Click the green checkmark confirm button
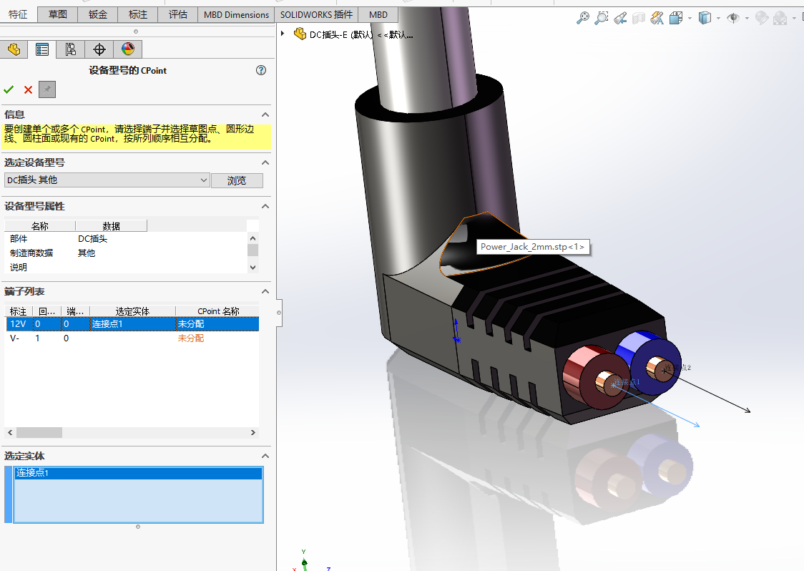[9, 89]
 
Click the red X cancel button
[28, 89]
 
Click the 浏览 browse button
[237, 180]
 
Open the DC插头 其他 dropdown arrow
[204, 180]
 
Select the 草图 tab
[58, 14]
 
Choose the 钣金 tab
[98, 14]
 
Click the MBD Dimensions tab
[236, 14]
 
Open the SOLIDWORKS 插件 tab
[316, 14]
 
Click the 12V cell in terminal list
[18, 324]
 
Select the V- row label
[15, 338]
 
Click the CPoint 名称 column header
[217, 311]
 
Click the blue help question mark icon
[261, 70]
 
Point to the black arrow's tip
[750, 411]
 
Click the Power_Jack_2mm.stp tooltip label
[532, 247]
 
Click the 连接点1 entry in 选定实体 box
[33, 473]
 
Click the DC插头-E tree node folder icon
[300, 34]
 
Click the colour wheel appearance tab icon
[128, 49]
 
